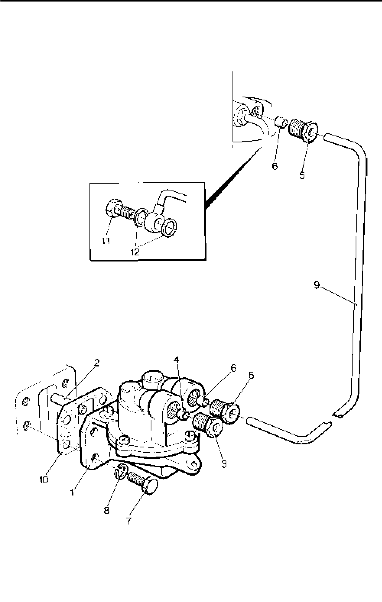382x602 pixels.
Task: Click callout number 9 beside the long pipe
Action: [x=316, y=285]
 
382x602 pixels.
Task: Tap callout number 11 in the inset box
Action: [x=106, y=241]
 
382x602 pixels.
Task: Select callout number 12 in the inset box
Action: [x=135, y=252]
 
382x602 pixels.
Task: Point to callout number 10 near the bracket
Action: [x=44, y=479]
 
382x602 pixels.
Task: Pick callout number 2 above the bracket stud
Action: [x=97, y=363]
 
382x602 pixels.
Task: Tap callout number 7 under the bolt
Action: [x=129, y=521]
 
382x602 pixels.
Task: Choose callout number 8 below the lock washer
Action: [x=106, y=510]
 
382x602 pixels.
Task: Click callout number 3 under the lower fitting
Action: [x=224, y=464]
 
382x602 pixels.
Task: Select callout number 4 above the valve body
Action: [x=176, y=360]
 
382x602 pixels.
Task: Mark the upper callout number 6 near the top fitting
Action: [x=275, y=166]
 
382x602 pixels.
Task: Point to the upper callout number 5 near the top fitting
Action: [x=302, y=176]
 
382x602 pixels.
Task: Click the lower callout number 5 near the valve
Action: [x=251, y=375]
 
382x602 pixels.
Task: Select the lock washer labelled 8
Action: [x=119, y=472]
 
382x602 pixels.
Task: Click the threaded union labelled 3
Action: [x=206, y=424]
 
